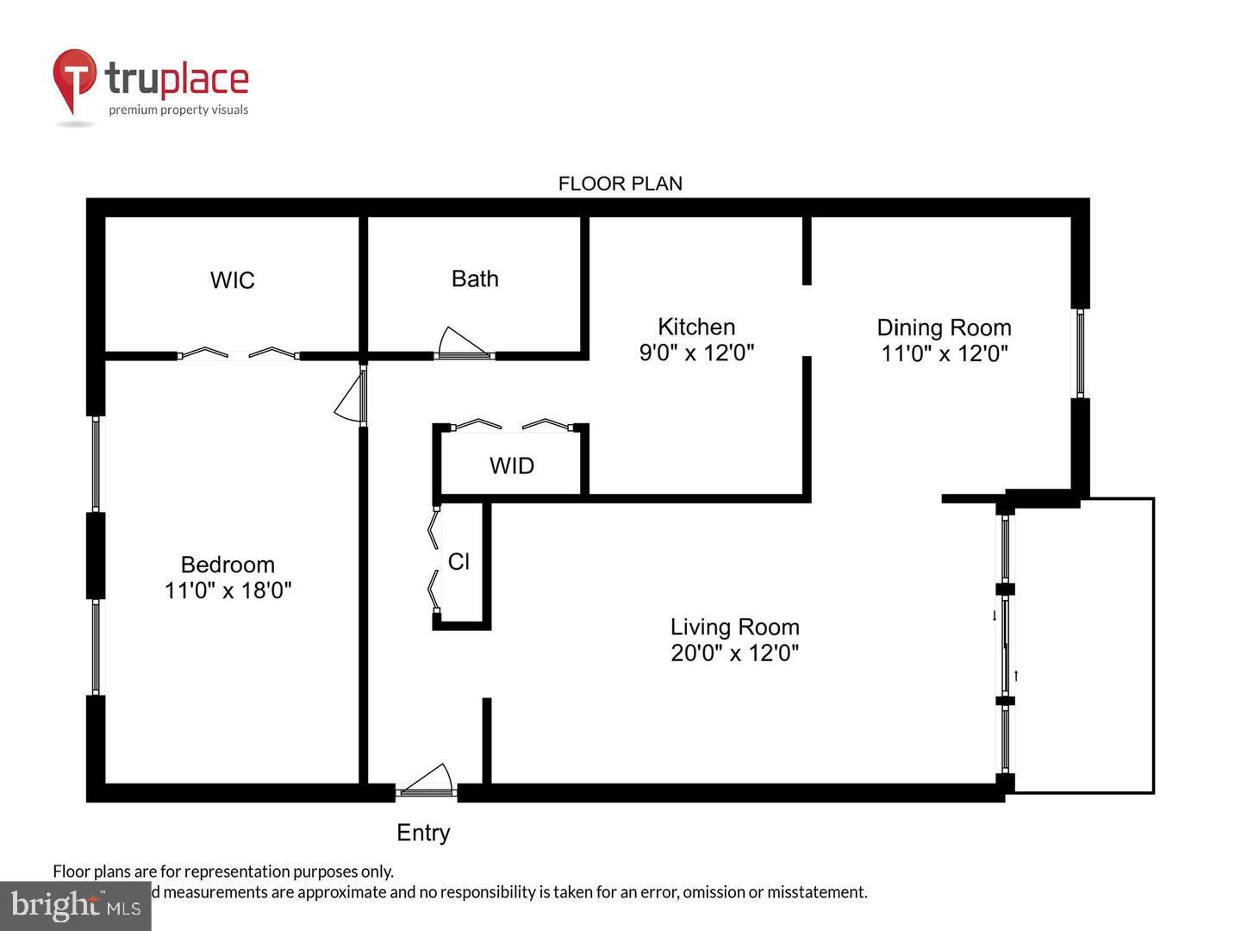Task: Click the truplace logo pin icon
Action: pos(75,79)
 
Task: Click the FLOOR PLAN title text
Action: pos(620,184)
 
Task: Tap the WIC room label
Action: pos(232,280)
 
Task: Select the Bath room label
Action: pos(475,278)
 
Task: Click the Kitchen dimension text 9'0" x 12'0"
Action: pos(696,353)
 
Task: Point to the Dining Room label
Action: pos(944,328)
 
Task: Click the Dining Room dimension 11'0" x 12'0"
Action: pos(944,353)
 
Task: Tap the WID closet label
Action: pos(512,466)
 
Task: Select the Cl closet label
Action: pos(458,561)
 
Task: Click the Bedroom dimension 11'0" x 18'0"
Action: pos(228,590)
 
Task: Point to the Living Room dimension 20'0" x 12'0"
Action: pos(734,653)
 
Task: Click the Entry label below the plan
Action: pos(423,833)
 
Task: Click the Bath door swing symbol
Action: pos(461,343)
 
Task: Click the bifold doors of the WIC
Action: pos(238,353)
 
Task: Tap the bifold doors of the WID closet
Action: pos(512,424)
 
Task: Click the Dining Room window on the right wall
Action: pos(1079,353)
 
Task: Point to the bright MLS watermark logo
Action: pos(75,905)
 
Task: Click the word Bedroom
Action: pos(228,565)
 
